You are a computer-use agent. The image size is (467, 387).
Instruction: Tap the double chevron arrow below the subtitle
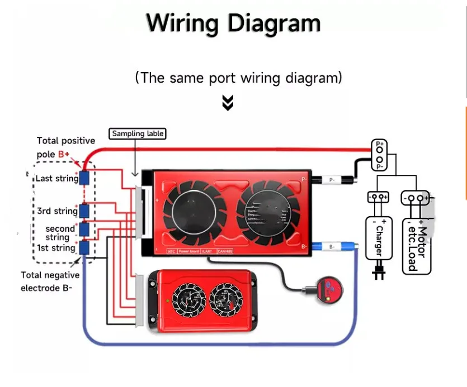[228, 102]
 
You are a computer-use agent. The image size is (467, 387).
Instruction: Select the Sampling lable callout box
[138, 134]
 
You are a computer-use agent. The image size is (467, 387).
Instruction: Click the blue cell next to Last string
[84, 178]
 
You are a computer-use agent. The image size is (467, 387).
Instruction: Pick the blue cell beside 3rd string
[84, 211]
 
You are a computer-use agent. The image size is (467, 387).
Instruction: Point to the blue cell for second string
[84, 229]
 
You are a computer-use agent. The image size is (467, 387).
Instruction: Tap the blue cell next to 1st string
[84, 247]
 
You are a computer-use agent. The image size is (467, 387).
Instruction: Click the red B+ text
[64, 153]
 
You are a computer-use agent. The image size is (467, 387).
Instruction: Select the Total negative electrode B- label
[50, 281]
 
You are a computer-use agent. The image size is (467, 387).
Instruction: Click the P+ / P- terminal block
[380, 155]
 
